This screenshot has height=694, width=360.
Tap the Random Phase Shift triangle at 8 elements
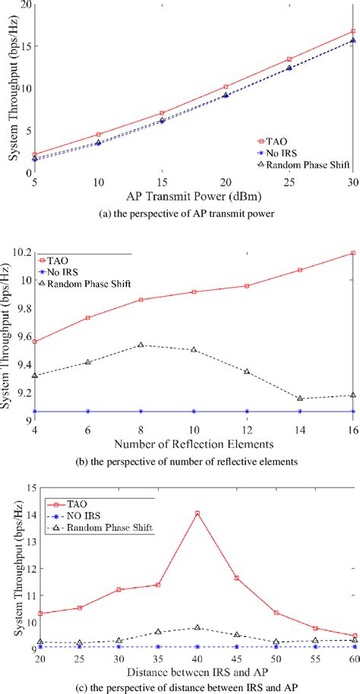pyautogui.click(x=141, y=345)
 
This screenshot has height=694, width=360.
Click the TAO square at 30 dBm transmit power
pyautogui.click(x=352, y=31)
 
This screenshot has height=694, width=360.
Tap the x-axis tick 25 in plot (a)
pyautogui.click(x=289, y=183)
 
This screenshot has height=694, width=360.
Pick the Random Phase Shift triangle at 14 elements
pyautogui.click(x=300, y=399)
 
